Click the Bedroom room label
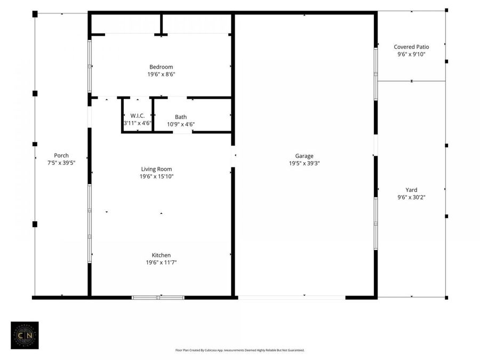click(x=161, y=67)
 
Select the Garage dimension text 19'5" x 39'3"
click(x=305, y=164)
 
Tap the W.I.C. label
click(x=138, y=115)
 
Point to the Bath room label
click(x=181, y=117)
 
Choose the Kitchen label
click(x=161, y=255)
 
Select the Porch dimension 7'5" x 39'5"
click(x=61, y=163)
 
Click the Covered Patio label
click(x=411, y=47)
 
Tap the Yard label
click(x=411, y=189)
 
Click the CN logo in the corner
click(x=25, y=335)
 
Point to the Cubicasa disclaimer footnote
click(x=240, y=350)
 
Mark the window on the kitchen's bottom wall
click(x=158, y=297)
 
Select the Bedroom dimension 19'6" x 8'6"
click(x=161, y=74)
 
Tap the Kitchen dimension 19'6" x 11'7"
click(x=161, y=262)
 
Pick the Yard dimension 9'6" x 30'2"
click(x=411, y=197)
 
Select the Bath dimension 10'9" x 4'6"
click(x=181, y=124)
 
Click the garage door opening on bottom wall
click(x=291, y=297)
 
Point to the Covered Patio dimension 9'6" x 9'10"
click(x=411, y=54)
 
